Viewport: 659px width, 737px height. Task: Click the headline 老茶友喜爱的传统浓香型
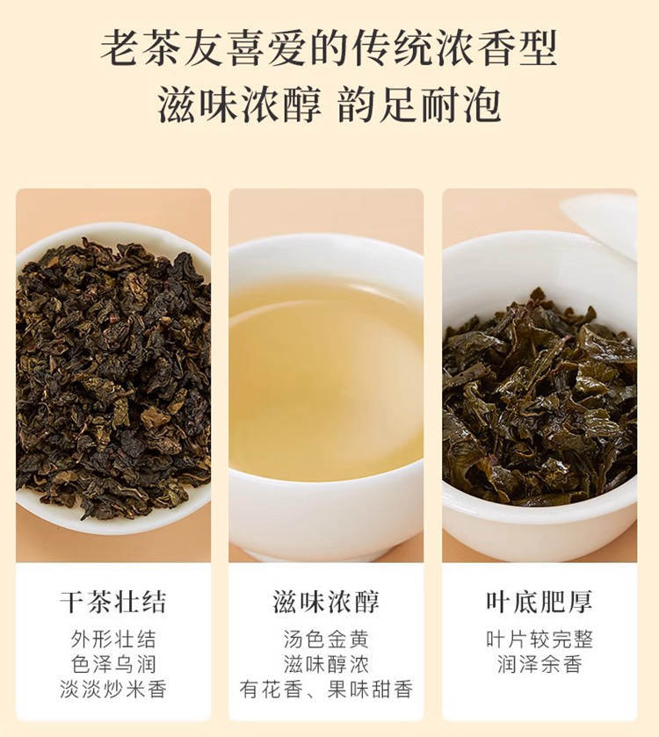point(329,48)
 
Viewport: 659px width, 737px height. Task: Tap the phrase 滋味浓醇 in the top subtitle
point(240,105)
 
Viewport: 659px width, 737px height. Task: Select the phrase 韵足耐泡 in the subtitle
point(420,105)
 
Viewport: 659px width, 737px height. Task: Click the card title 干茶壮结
point(112,602)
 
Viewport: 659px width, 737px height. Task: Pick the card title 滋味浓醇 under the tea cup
point(326,602)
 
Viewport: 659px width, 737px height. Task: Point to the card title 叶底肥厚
point(540,602)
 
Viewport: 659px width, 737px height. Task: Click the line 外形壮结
point(112,639)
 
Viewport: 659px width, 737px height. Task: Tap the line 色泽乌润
point(112,665)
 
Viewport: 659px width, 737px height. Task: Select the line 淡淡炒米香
point(112,690)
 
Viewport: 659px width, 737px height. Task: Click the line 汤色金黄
point(326,639)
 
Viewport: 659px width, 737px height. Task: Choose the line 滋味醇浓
point(326,665)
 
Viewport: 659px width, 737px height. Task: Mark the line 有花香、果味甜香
point(326,690)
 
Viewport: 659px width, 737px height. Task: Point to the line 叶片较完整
point(540,639)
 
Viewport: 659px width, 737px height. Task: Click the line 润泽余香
point(540,665)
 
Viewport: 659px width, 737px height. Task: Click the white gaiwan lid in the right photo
point(604,226)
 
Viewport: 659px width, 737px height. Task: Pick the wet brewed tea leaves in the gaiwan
point(540,400)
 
